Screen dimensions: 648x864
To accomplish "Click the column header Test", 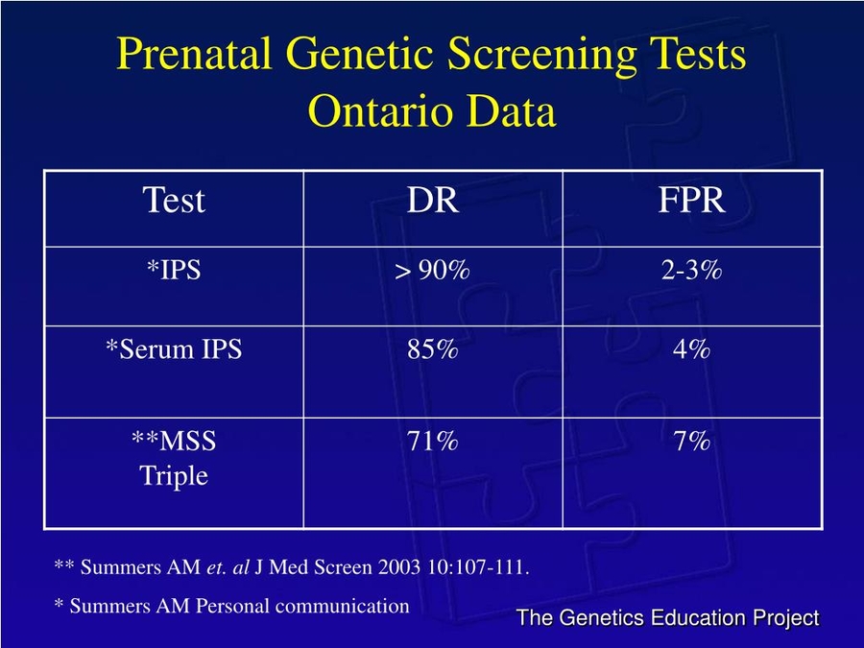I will (174, 201).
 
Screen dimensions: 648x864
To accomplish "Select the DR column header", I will (432, 201).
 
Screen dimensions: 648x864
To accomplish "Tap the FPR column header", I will (691, 201).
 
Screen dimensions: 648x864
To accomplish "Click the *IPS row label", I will (174, 271).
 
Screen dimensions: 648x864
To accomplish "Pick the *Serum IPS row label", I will (174, 349).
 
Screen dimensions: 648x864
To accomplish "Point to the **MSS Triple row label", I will (174, 458).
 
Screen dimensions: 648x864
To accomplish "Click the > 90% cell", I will (432, 272).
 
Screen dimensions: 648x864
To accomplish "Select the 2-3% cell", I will (691, 271).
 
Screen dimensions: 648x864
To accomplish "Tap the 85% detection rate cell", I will (432, 349).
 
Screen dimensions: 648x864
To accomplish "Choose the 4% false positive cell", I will (691, 349).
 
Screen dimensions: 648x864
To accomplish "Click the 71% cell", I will (432, 442).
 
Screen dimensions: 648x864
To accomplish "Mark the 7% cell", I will (691, 442).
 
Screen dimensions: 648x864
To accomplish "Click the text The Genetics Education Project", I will (667, 618).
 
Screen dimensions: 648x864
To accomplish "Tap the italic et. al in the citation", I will (228, 567).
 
